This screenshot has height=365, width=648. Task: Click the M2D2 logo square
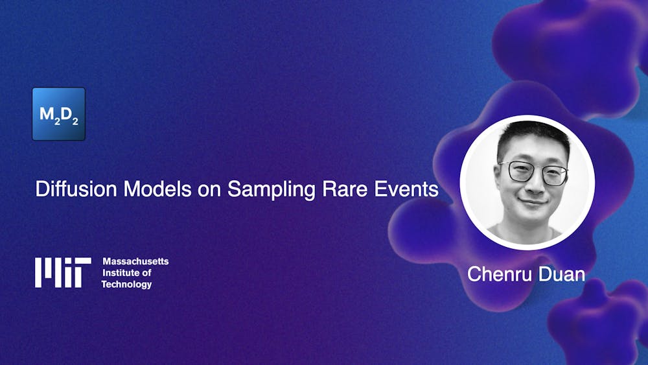(58, 114)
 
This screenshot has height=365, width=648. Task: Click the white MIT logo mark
(63, 272)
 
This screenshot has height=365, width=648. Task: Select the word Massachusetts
(135, 261)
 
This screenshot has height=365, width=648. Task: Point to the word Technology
(126, 285)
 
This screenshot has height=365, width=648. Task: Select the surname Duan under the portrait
(561, 274)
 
